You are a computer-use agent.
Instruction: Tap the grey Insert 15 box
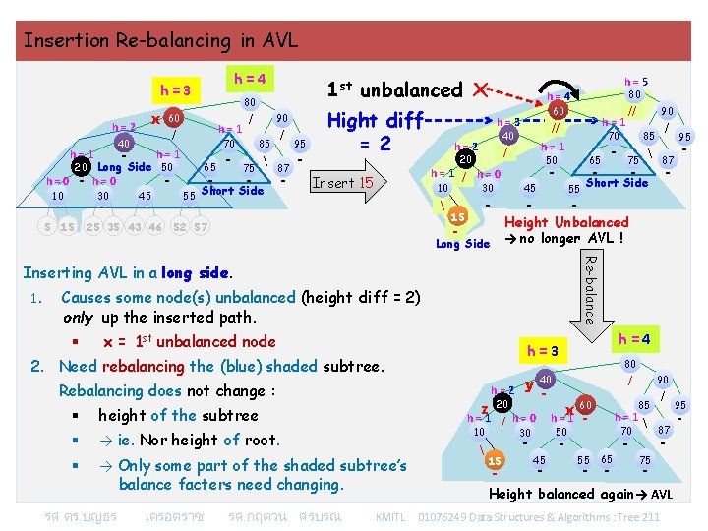click(342, 182)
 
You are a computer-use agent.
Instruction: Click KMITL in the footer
click(390, 516)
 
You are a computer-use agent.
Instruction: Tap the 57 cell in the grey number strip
click(200, 228)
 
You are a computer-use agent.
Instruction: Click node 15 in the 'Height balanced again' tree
click(496, 461)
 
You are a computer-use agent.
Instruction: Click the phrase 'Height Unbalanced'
click(565, 223)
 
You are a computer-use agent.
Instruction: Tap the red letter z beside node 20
click(484, 410)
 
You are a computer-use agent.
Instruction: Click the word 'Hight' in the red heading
click(353, 120)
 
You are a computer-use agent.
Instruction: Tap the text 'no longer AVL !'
click(574, 239)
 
